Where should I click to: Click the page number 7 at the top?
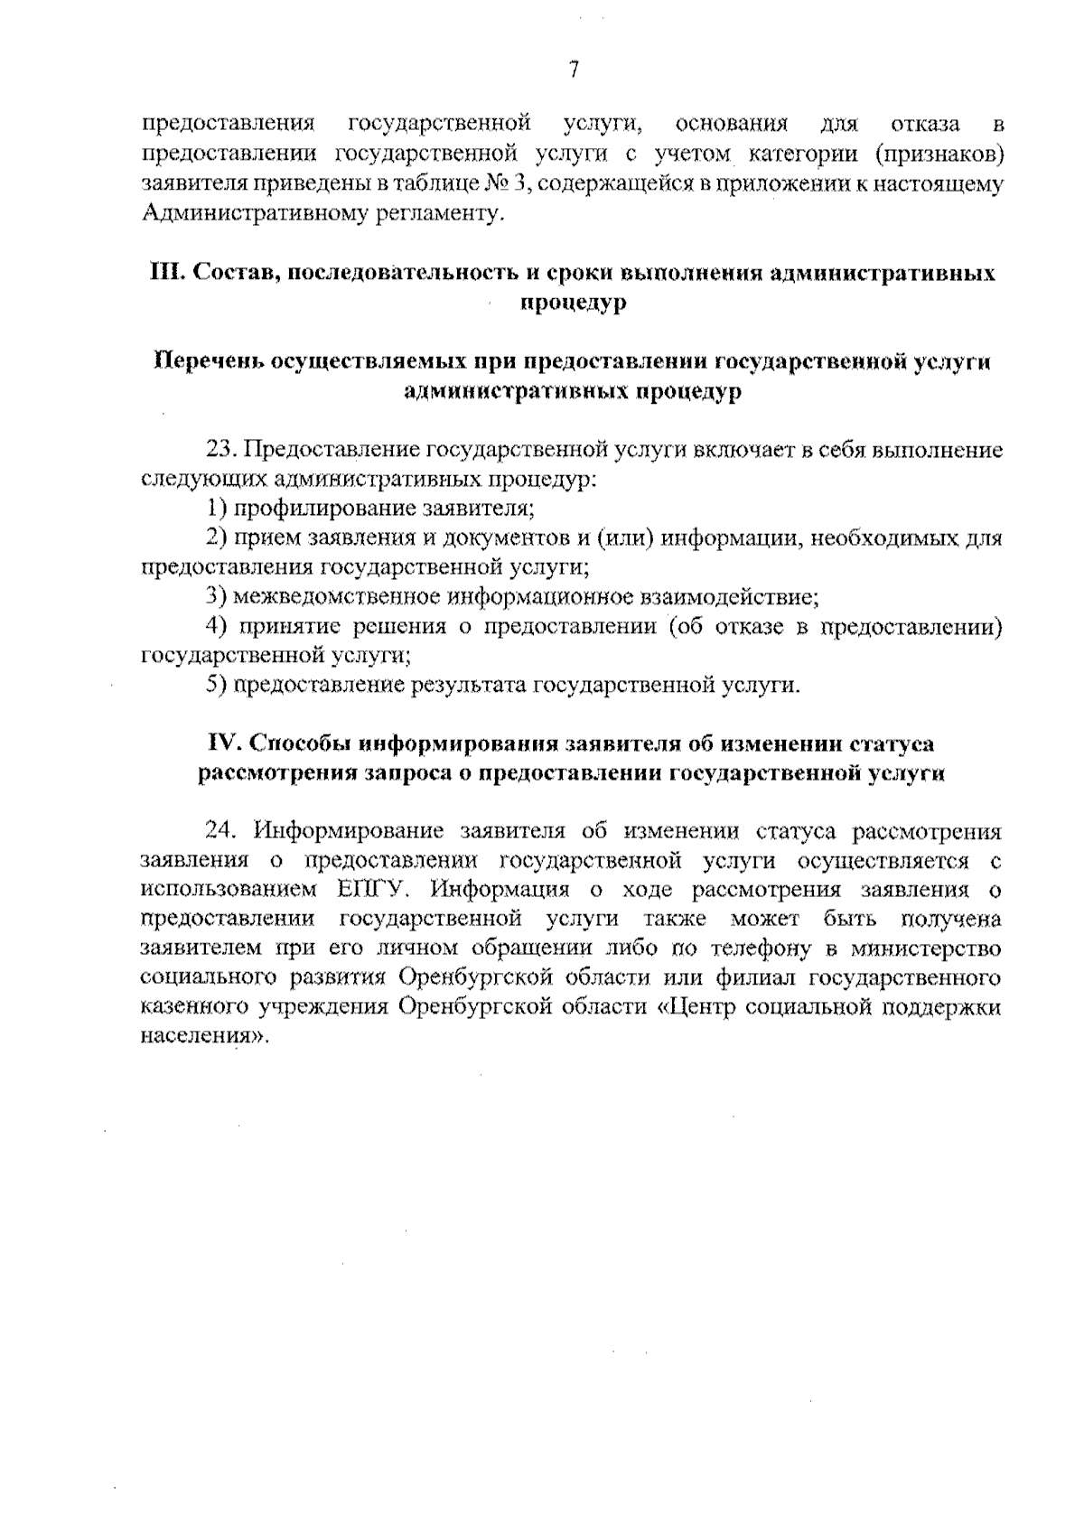(x=573, y=70)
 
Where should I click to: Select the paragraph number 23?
(x=220, y=451)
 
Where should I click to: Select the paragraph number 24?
(x=221, y=831)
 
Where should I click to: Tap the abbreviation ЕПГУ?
(x=376, y=890)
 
